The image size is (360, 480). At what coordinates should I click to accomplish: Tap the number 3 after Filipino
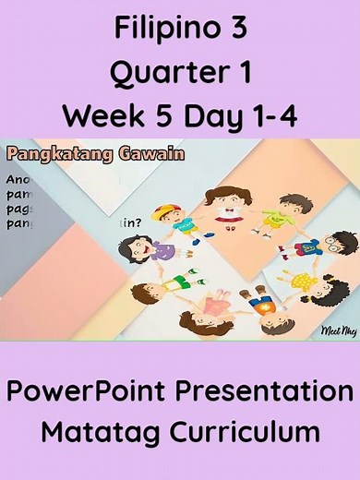[x=234, y=30]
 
